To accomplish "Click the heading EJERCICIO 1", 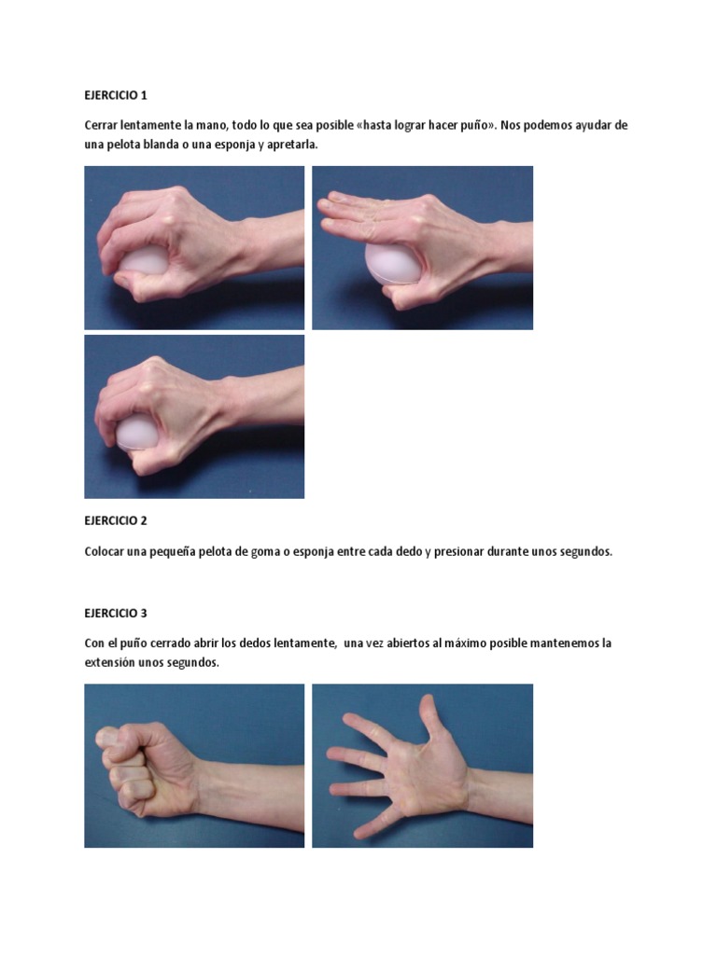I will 116,95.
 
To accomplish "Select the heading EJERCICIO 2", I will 116,520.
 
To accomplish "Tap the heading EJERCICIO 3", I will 116,614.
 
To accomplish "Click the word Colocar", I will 105,551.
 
